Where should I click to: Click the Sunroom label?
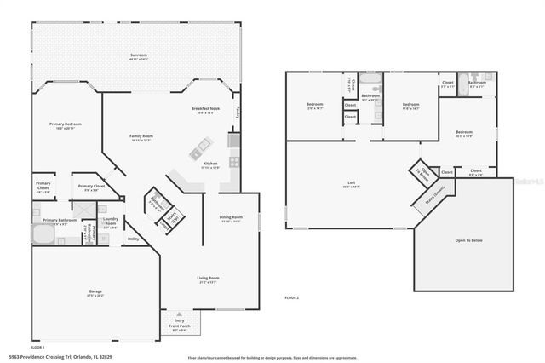point(138,57)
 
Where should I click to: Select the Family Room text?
point(141,138)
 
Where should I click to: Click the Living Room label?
point(209,279)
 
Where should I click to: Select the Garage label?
point(95,294)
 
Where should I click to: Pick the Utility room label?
point(133,239)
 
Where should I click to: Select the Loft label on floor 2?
point(350,184)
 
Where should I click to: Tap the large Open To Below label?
point(468,241)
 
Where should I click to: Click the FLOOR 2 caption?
point(292,296)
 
